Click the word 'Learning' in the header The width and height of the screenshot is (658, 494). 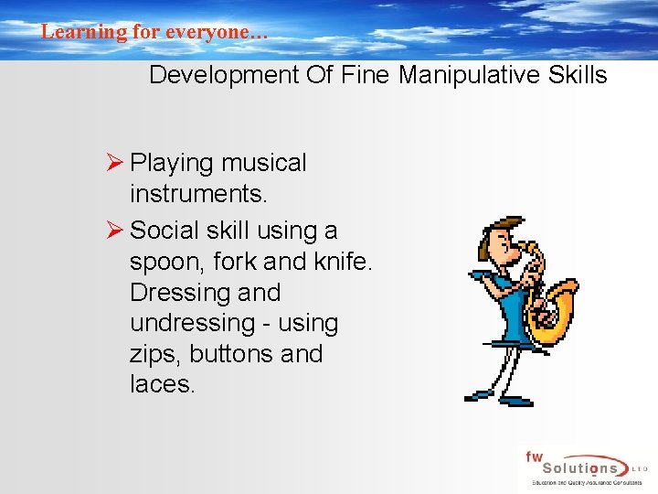pyautogui.click(x=71, y=31)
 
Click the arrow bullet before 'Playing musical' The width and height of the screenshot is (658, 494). pyautogui.click(x=115, y=163)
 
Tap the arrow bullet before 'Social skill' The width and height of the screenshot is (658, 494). pyautogui.click(x=115, y=231)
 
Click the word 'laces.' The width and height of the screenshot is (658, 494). pyautogui.click(x=163, y=384)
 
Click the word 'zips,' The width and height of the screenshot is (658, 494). pyautogui.click(x=154, y=354)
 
